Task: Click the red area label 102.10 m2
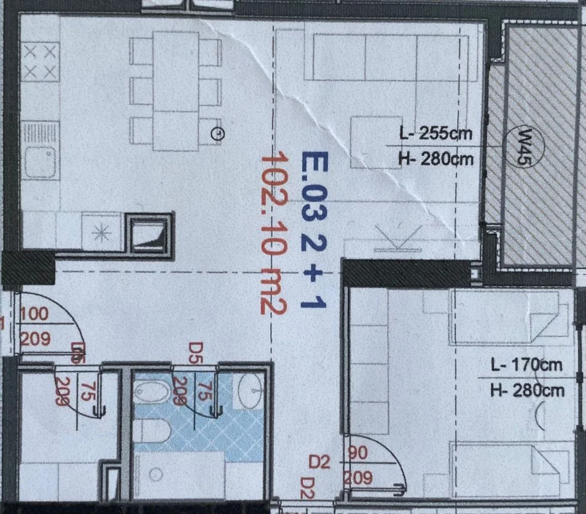[x=272, y=234]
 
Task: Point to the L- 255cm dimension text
[x=435, y=133]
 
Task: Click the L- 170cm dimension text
[x=526, y=365]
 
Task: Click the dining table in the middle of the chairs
[x=176, y=91]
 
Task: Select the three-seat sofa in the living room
[x=395, y=57]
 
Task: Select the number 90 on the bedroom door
[x=358, y=454]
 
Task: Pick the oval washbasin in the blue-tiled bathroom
[x=250, y=390]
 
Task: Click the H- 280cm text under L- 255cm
[x=436, y=159]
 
